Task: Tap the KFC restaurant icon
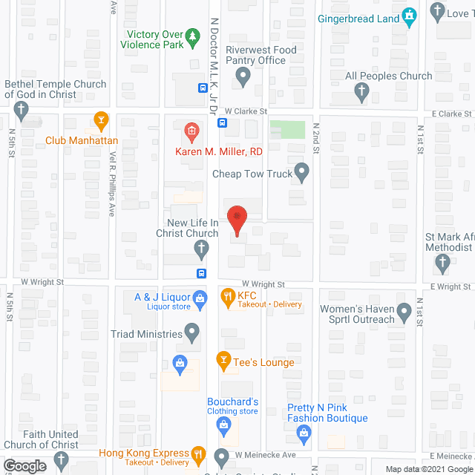tap(228, 299)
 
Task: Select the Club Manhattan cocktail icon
tap(102, 119)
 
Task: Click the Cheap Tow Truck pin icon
tap(301, 174)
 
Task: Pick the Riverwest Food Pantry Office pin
tap(243, 75)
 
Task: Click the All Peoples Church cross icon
tap(362, 92)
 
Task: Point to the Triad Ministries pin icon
tap(192, 333)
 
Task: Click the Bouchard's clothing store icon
tap(223, 425)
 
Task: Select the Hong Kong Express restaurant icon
tap(198, 453)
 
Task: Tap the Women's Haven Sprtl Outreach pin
tap(404, 312)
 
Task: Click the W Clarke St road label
tap(244, 111)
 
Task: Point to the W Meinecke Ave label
tap(265, 454)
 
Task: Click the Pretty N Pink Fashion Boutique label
tap(327, 413)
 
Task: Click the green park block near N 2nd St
tap(287, 129)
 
